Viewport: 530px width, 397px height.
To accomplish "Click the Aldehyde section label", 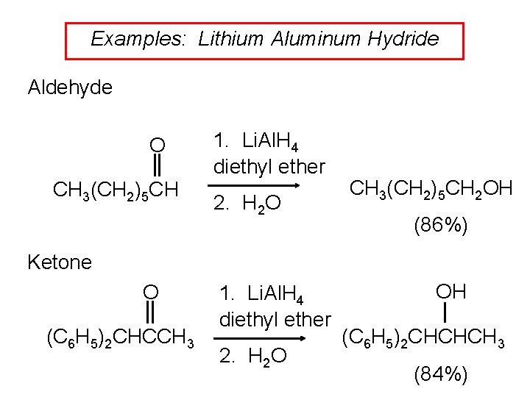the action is [x=70, y=88].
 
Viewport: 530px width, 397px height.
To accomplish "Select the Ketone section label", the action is [x=60, y=262].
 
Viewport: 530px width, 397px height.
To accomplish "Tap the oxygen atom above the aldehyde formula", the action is [x=157, y=143].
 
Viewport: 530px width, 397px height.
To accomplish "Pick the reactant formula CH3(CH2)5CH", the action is [x=116, y=190].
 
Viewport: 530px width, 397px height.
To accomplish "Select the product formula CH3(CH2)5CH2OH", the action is [x=431, y=189].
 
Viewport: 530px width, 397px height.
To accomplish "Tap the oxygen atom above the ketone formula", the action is [x=150, y=292].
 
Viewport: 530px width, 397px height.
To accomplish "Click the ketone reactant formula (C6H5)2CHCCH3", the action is [x=120, y=340].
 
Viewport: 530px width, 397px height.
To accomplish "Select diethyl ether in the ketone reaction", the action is [x=275, y=320].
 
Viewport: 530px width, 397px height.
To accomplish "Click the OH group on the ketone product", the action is [x=451, y=292].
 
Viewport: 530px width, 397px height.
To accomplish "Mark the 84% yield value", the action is [x=440, y=375].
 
